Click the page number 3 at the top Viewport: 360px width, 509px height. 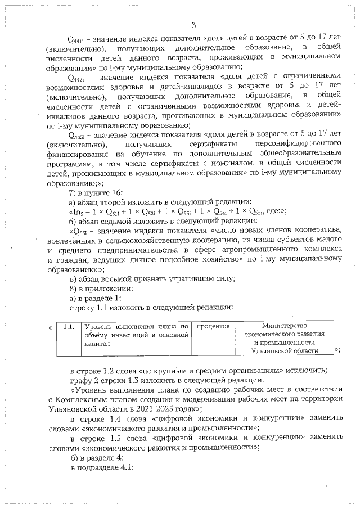pyautogui.click(x=193, y=25)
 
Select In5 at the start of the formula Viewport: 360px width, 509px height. pyautogui.click(x=76, y=211)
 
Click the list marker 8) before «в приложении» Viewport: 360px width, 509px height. pyautogui.click(x=71, y=289)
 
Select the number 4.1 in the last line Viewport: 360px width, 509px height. pyautogui.click(x=121, y=466)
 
